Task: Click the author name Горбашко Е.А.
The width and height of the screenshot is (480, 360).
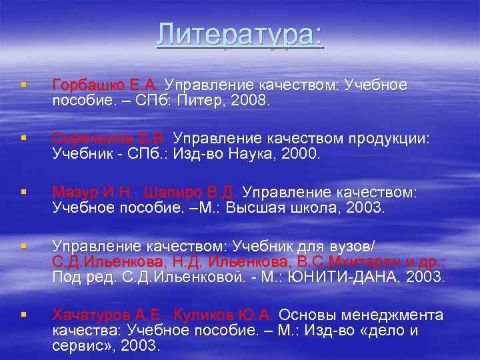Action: [106, 85]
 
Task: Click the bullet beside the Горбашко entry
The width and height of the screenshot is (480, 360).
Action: [23, 85]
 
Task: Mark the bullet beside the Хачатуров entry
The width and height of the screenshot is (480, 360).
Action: [23, 314]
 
